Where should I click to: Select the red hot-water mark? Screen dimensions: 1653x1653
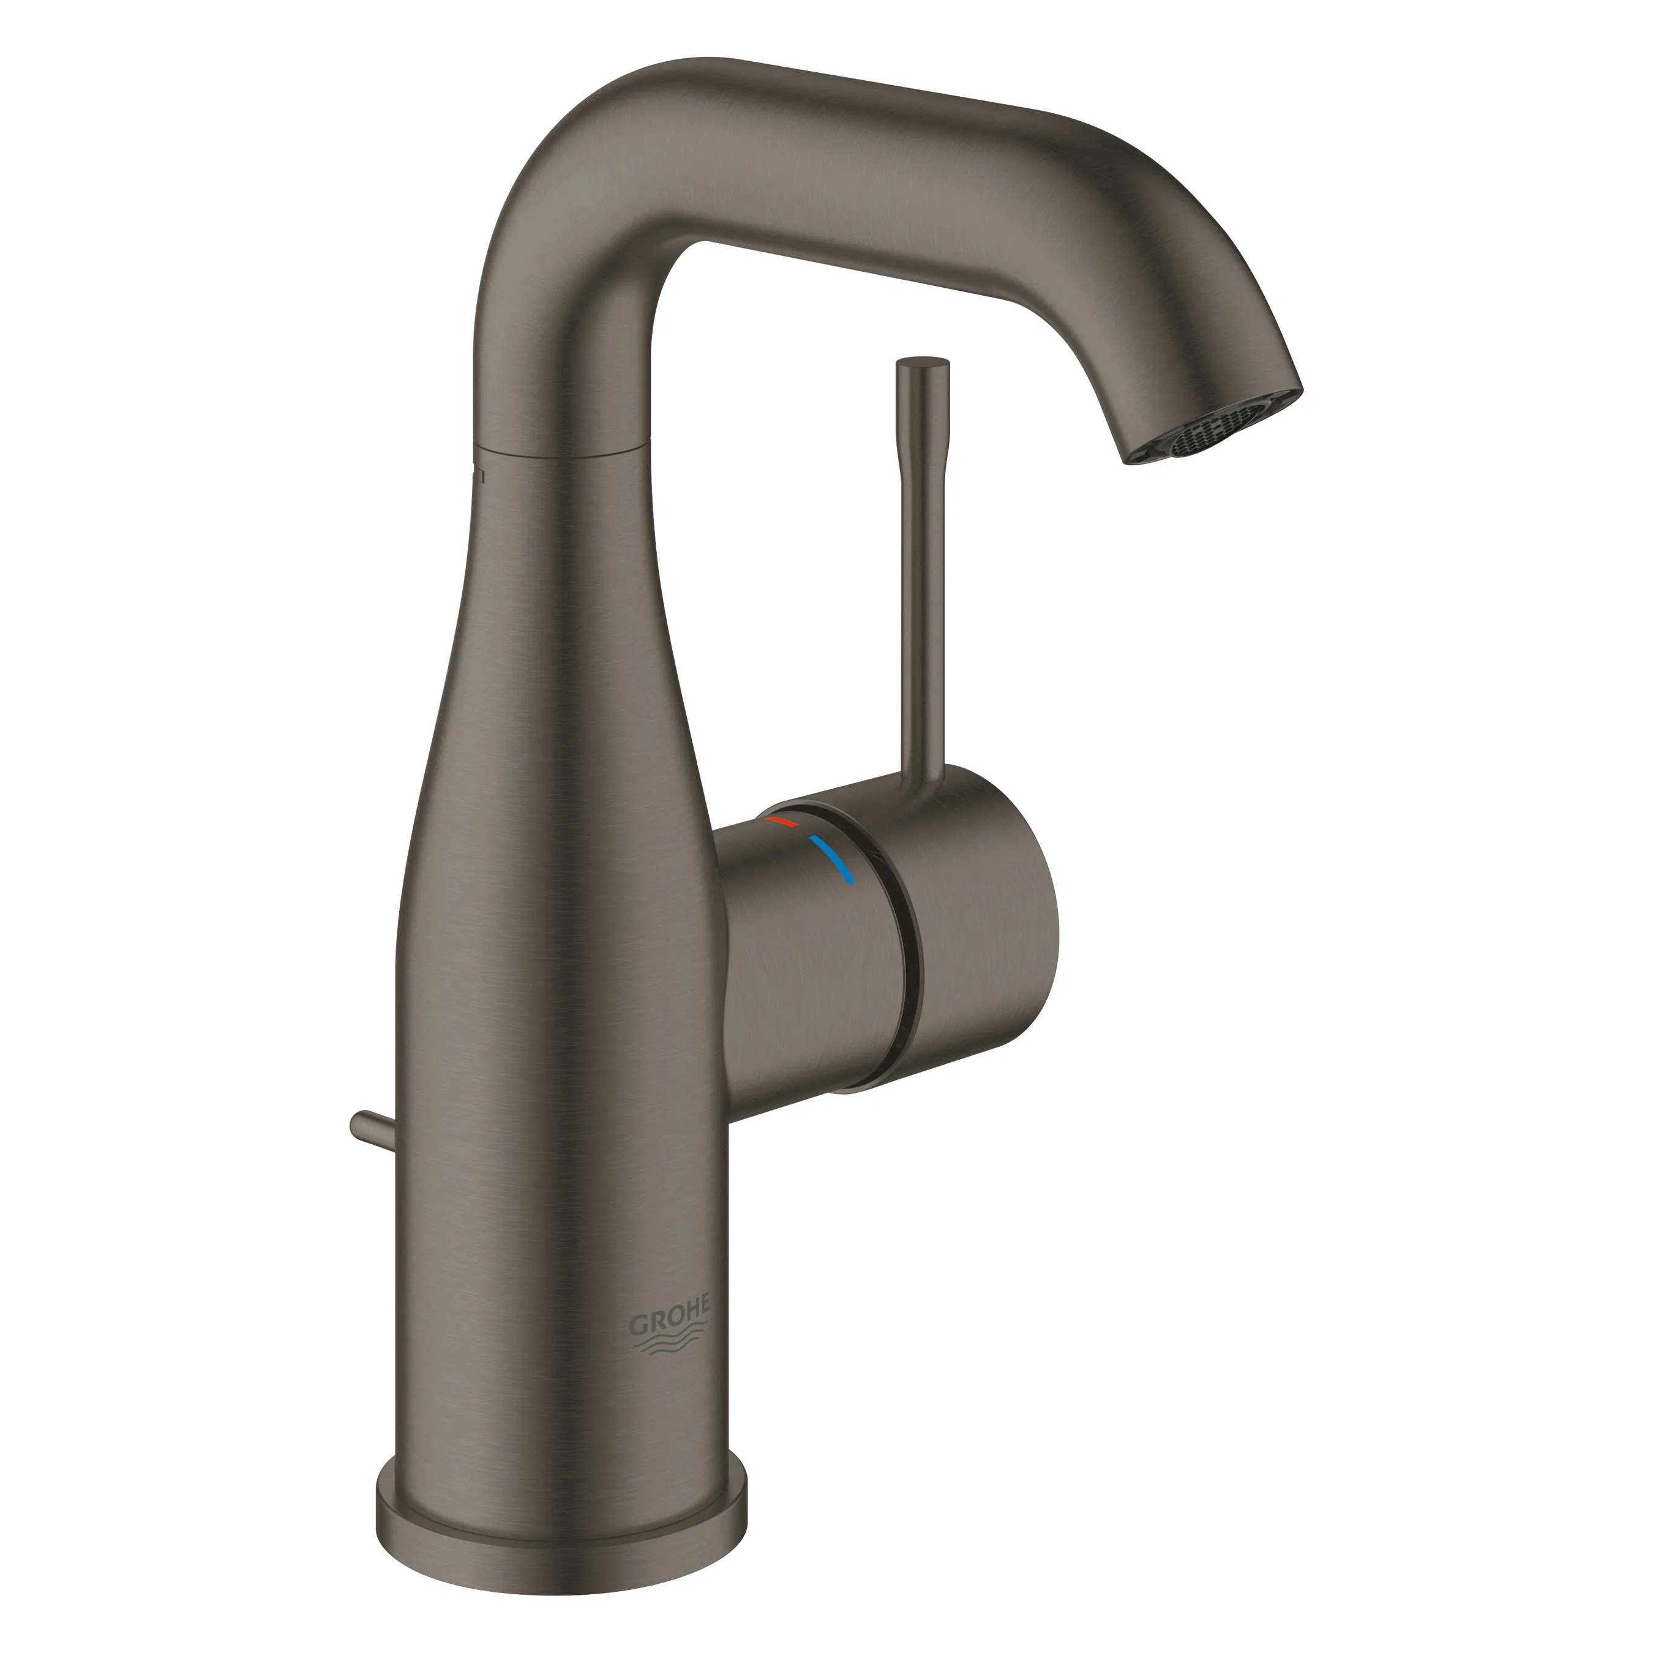[x=781, y=822]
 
